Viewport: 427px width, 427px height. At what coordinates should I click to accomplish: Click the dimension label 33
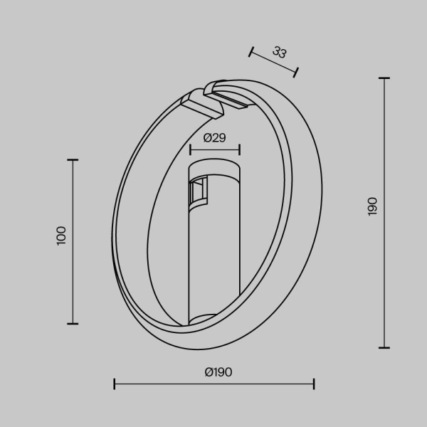click(279, 53)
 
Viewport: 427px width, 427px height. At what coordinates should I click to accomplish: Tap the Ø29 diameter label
click(214, 138)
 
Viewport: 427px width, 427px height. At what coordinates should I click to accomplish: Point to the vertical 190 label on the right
click(373, 206)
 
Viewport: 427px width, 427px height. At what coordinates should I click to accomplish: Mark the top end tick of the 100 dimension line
click(72, 160)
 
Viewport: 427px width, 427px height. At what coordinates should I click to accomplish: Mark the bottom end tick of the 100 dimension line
click(72, 323)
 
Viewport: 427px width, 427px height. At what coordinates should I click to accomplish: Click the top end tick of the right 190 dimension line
click(384, 78)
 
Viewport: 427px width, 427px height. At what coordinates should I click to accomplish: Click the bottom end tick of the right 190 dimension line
click(384, 347)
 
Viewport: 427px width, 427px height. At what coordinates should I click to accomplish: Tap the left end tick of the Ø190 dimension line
click(115, 384)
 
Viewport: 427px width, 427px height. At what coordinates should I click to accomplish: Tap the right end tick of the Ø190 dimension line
click(314, 384)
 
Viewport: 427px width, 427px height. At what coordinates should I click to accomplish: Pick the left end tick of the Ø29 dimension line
click(190, 149)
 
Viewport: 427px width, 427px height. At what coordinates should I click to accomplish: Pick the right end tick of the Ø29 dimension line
click(240, 149)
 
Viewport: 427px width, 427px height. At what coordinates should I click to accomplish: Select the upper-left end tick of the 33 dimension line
click(251, 51)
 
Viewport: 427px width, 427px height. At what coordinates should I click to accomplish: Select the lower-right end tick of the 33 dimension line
click(296, 71)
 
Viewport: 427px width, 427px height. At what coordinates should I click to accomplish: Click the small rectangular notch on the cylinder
click(197, 191)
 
